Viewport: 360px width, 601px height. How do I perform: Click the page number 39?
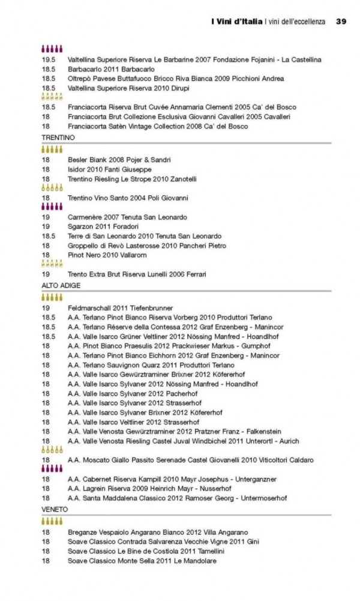(x=341, y=22)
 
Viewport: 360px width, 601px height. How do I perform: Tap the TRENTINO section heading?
(x=58, y=137)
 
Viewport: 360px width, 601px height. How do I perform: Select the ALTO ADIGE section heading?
(x=61, y=285)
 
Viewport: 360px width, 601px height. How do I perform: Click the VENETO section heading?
(x=55, y=509)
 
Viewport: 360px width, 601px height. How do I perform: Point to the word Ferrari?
(x=194, y=274)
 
